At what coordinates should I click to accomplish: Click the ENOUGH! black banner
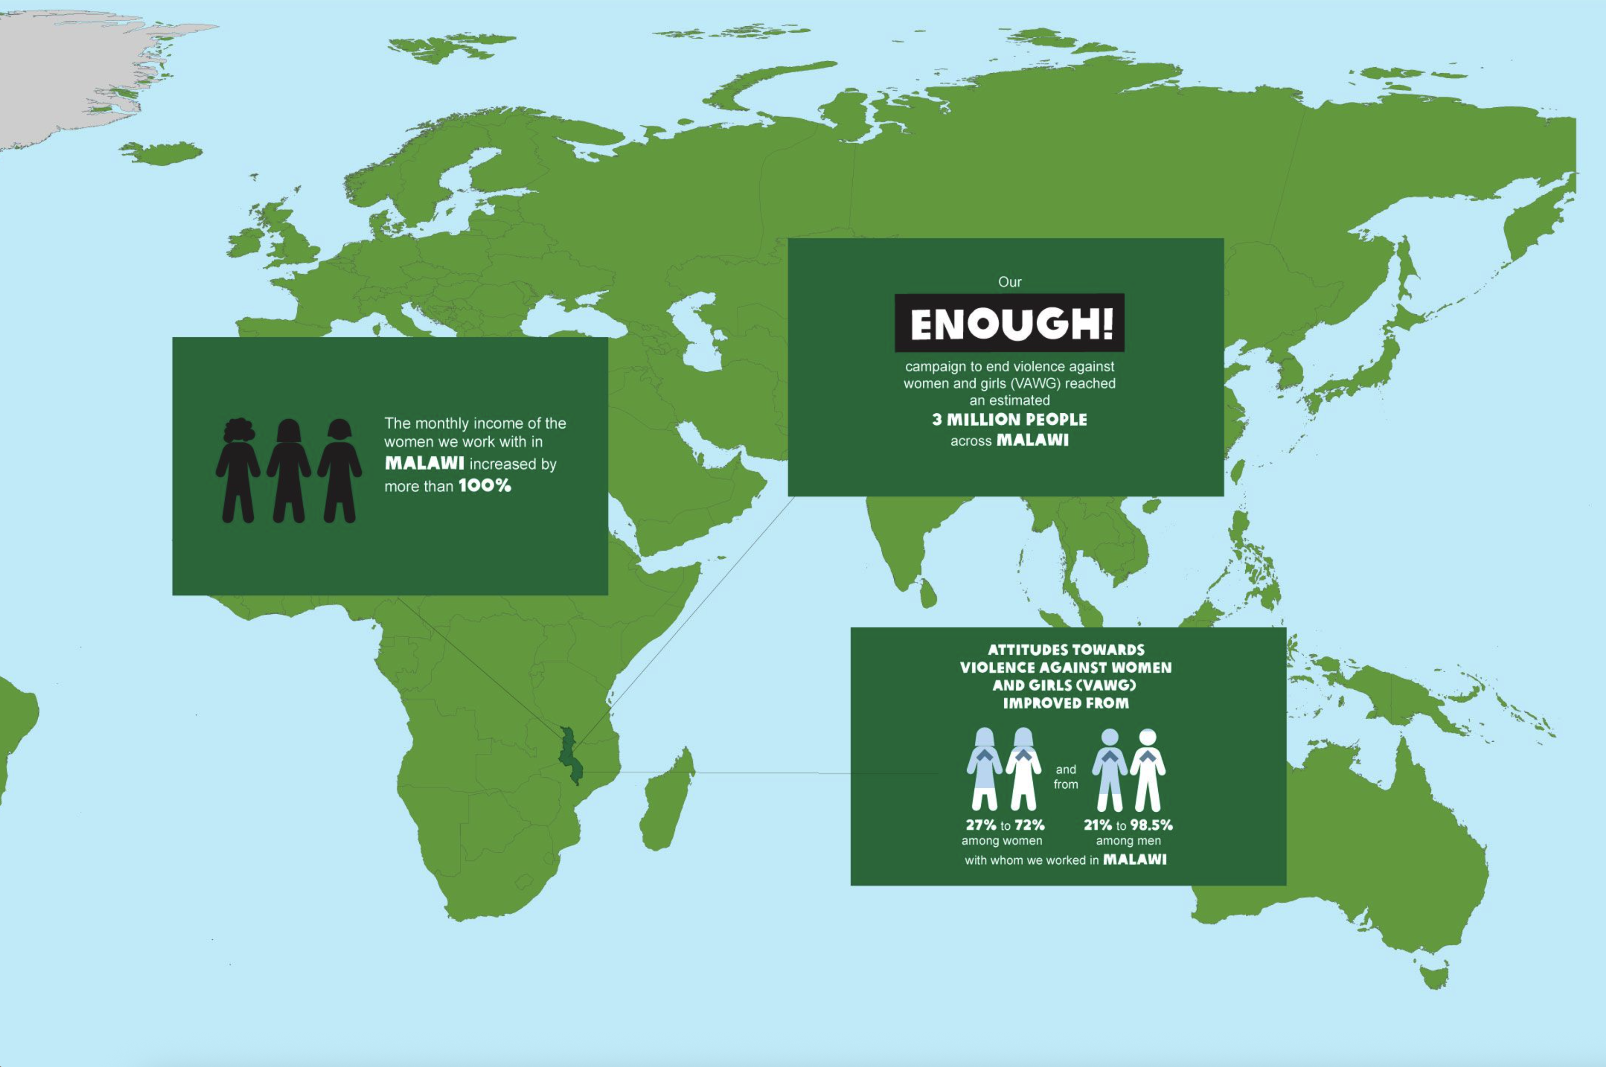tap(1009, 323)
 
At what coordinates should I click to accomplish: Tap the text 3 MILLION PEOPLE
tap(1009, 419)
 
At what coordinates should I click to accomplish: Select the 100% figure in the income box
tap(485, 486)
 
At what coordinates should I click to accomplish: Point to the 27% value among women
tap(981, 826)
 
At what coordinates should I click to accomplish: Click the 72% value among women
tap(1030, 826)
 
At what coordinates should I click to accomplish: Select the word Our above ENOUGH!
tap(1009, 281)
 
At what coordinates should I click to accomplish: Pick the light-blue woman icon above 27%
tap(984, 769)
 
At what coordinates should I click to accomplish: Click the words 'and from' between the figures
tap(1066, 776)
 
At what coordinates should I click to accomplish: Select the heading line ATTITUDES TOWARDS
tap(1066, 650)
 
